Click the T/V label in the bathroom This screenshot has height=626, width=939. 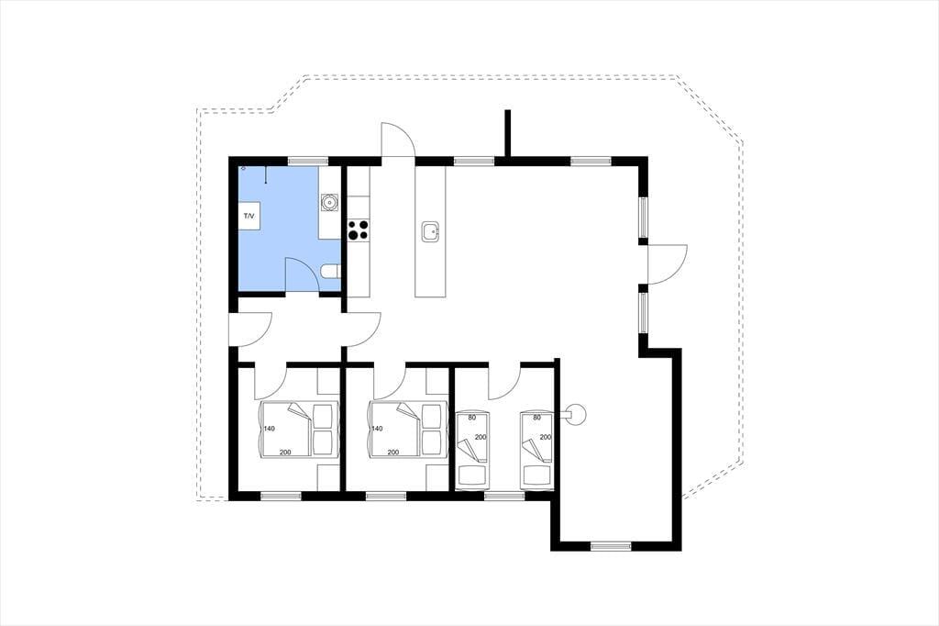coord(249,216)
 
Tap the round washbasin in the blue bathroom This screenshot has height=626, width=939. coord(329,202)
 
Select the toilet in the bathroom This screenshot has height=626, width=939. coord(330,273)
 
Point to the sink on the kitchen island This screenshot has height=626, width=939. coord(431,231)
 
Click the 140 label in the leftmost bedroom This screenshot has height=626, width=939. coord(269,429)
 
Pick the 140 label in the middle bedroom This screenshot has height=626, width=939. coord(377,429)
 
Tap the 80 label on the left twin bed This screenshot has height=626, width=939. coord(471,418)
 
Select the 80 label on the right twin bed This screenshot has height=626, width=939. coord(536,418)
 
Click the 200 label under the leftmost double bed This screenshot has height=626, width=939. coord(285,453)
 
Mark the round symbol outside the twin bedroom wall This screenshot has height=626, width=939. coord(577,414)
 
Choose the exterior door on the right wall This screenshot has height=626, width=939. coord(667,263)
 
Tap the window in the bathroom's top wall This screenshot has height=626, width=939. coord(308,161)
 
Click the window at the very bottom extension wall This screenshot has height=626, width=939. coord(611,546)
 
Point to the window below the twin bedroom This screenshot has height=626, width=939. coord(504,496)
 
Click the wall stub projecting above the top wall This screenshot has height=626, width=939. coord(507,134)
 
